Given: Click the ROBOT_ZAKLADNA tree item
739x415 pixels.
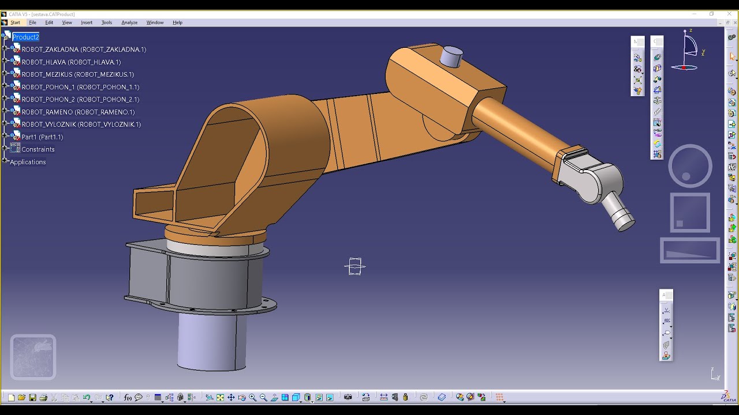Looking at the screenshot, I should (84, 50).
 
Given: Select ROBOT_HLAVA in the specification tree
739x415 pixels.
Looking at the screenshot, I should (71, 62).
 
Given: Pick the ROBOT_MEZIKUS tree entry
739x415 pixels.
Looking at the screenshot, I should (77, 74).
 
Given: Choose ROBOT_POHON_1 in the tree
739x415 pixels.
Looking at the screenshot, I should (80, 87).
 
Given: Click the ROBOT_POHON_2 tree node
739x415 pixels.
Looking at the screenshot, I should (80, 100).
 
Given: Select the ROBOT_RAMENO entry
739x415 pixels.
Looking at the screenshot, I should (78, 112).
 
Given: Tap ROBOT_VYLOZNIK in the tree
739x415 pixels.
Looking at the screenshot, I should (81, 124).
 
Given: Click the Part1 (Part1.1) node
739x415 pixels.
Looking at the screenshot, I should (42, 137).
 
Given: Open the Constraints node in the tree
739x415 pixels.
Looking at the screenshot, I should (38, 149).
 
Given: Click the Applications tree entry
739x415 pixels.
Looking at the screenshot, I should (28, 162).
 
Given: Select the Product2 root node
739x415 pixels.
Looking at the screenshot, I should (25, 37).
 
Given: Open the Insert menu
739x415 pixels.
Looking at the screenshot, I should (87, 22).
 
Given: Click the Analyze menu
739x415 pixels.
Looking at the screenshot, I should (129, 22).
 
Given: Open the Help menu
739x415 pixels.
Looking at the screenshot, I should (177, 22).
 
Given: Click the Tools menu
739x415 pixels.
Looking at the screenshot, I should (107, 22).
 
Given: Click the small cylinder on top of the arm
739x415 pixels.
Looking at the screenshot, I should (451, 56).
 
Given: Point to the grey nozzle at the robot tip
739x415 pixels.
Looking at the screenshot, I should (618, 211).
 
